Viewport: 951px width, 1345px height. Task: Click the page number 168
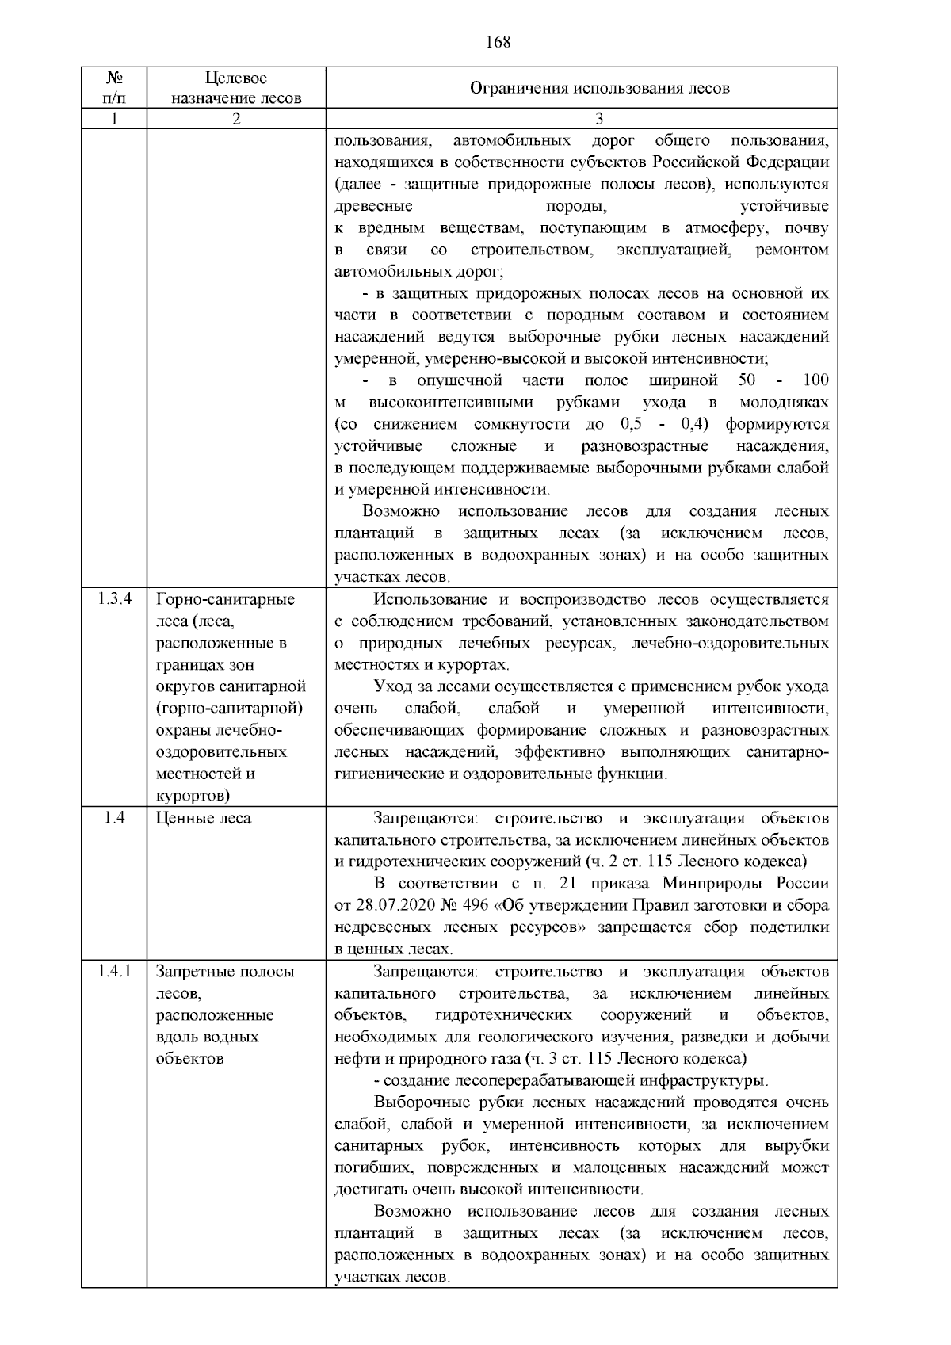tap(498, 42)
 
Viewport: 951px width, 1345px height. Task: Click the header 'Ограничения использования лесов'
tap(599, 88)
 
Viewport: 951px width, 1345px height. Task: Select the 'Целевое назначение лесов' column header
tap(236, 88)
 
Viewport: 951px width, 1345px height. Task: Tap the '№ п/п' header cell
tap(114, 88)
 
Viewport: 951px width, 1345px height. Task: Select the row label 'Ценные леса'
tap(204, 818)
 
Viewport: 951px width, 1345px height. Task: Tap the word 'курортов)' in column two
tap(193, 795)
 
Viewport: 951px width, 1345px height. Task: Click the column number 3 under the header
tap(599, 119)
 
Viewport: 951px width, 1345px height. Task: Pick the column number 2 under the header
tap(236, 119)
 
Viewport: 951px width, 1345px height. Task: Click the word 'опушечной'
tap(460, 380)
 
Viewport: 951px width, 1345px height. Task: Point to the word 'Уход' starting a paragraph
tap(391, 686)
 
